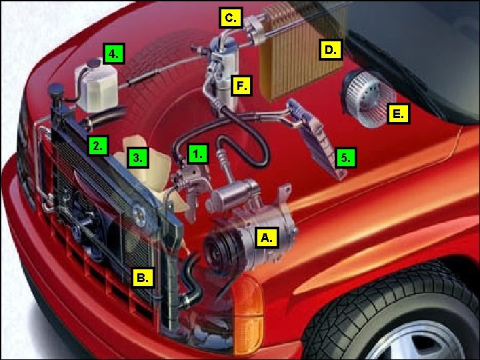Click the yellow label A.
click(x=267, y=237)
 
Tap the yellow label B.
click(x=143, y=277)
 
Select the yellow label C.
click(x=231, y=18)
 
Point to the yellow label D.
click(x=331, y=49)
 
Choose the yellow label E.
click(x=398, y=114)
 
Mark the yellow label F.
click(x=241, y=86)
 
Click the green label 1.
click(x=198, y=154)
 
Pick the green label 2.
click(x=98, y=146)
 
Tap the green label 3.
click(x=138, y=157)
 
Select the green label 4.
click(x=114, y=53)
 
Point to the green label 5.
click(x=345, y=158)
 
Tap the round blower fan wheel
click(x=366, y=98)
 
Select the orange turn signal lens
click(x=248, y=314)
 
